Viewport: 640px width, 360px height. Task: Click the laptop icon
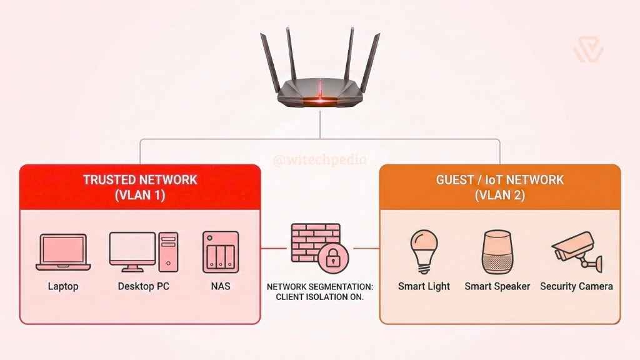pos(62,252)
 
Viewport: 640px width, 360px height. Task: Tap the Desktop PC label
pos(143,287)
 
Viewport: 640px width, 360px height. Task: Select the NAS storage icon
pos(220,252)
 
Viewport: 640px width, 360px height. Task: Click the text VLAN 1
pos(140,194)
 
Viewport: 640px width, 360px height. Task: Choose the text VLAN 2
pos(499,194)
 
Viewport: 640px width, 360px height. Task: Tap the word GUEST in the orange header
pos(456,180)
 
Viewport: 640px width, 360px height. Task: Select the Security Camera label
pos(576,287)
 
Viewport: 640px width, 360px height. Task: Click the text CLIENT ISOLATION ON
pos(319,297)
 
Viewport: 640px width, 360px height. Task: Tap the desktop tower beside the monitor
pos(167,252)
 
